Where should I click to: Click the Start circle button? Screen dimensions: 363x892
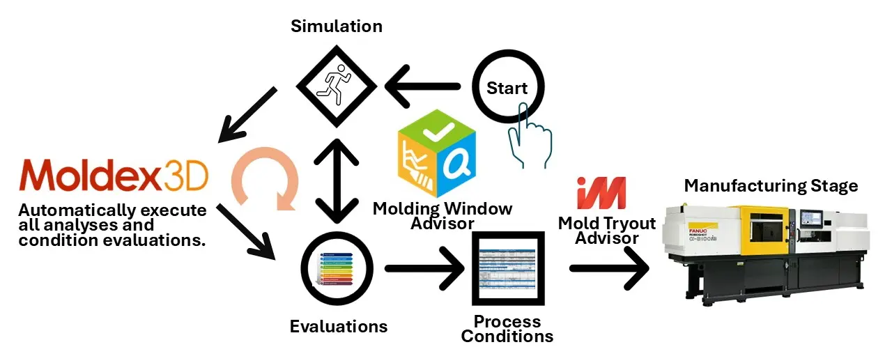pos(507,88)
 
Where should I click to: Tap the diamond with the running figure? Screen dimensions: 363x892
pos(337,86)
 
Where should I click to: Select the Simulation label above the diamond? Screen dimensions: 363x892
pos(337,27)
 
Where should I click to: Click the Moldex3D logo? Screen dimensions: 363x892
pos(114,175)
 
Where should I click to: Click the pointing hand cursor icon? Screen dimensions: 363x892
pos(525,132)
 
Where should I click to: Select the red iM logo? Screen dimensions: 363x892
pos(601,193)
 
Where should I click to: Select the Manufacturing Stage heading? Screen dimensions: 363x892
pos(771,185)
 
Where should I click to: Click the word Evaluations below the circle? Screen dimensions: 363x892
pos(338,325)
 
